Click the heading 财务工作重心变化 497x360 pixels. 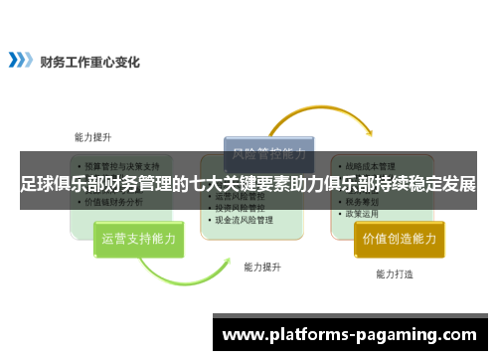click(x=90, y=60)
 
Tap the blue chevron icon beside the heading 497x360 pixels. click(x=20, y=60)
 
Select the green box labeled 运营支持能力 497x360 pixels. click(x=138, y=239)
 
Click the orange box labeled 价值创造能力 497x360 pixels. click(x=399, y=239)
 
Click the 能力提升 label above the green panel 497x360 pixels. click(x=92, y=136)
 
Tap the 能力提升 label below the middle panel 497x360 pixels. click(x=262, y=267)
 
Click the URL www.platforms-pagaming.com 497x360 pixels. click(x=353, y=335)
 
